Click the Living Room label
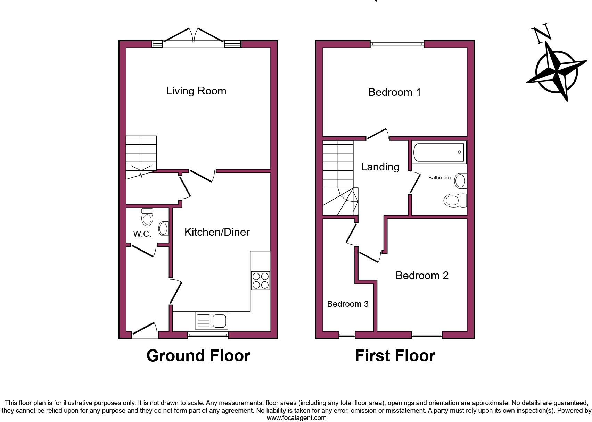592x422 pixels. pyautogui.click(x=196, y=91)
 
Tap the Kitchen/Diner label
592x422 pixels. pyautogui.click(x=217, y=232)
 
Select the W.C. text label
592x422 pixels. pyautogui.click(x=142, y=234)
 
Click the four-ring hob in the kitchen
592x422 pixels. pyautogui.click(x=261, y=280)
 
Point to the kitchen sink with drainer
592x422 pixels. pyautogui.click(x=212, y=320)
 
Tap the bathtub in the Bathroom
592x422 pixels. pyautogui.click(x=439, y=152)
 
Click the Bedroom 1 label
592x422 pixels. pyautogui.click(x=394, y=92)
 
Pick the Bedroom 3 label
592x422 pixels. pyautogui.click(x=348, y=304)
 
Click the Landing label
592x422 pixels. pyautogui.click(x=380, y=167)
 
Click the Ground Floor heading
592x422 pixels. pyautogui.click(x=198, y=356)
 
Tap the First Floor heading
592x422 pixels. pyautogui.click(x=395, y=356)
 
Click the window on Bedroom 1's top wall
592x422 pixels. pyautogui.click(x=397, y=44)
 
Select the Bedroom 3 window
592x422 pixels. pyautogui.click(x=347, y=335)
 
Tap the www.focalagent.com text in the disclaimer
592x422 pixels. pyautogui.click(x=296, y=418)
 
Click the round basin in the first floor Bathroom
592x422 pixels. pyautogui.click(x=460, y=181)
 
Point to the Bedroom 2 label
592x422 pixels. pyautogui.click(x=422, y=276)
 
